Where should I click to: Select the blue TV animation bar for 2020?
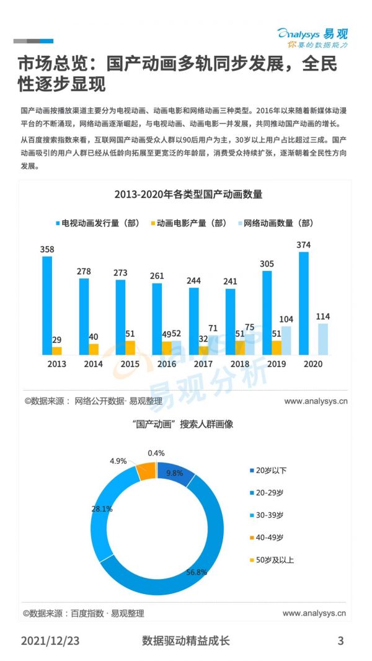click(303, 303)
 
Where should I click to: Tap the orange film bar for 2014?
click(93, 349)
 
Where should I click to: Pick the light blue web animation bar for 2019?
click(286, 340)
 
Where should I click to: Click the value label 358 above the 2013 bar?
click(47, 249)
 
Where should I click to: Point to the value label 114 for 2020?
click(323, 316)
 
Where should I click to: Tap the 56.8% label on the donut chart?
click(197, 572)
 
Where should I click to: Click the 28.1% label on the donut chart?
click(102, 508)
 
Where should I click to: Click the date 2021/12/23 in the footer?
click(50, 641)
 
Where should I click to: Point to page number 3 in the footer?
click(340, 641)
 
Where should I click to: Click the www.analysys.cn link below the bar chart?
click(316, 401)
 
